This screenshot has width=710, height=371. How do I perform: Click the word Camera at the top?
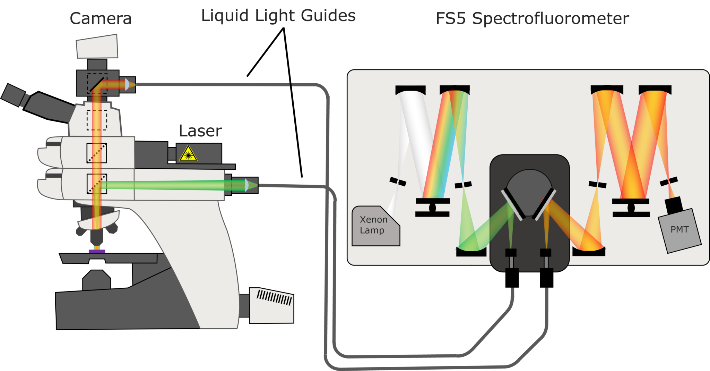pos(101,18)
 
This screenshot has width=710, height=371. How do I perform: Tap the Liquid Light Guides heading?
pos(278,16)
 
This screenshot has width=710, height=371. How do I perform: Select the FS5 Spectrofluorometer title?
pos(532,18)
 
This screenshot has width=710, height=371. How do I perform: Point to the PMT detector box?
pos(679,230)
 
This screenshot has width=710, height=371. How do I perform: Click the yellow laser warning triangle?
pos(188,154)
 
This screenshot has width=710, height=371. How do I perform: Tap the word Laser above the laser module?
pos(200,131)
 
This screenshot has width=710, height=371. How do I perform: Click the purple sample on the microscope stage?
pos(97,251)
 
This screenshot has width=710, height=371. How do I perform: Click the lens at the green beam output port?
pos(246,185)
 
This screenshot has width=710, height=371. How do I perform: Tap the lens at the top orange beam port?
pos(127,84)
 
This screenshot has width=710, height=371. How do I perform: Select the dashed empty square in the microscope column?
pos(97,120)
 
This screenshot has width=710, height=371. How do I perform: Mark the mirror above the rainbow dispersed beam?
pos(454,90)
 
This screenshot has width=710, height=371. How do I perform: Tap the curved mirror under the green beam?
pos(471,251)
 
